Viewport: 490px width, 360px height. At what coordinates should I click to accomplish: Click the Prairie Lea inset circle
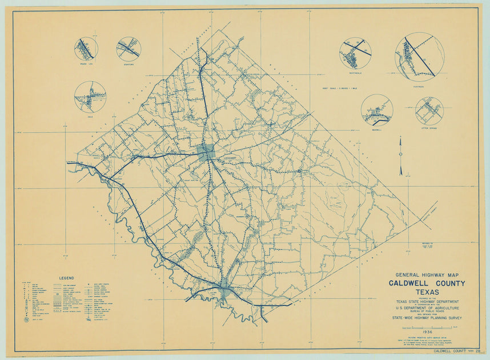tap(86, 49)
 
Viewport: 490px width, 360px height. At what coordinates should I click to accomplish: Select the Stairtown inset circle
tap(128, 49)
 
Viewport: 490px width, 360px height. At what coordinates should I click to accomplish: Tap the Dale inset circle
tap(90, 97)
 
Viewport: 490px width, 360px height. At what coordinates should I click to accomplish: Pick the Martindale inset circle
tap(355, 54)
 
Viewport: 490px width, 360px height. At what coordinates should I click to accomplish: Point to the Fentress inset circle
tap(420, 56)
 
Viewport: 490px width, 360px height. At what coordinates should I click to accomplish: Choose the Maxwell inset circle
tap(377, 110)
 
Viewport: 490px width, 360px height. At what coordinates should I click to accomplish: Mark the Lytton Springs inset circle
tap(429, 111)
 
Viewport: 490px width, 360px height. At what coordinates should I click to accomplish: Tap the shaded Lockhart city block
tap(206, 151)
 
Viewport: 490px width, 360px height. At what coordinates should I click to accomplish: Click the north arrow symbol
tap(401, 155)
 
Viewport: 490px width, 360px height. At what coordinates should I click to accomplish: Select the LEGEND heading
tap(66, 278)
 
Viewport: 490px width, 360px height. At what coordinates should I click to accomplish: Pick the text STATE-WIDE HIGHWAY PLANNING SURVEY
tap(427, 318)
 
